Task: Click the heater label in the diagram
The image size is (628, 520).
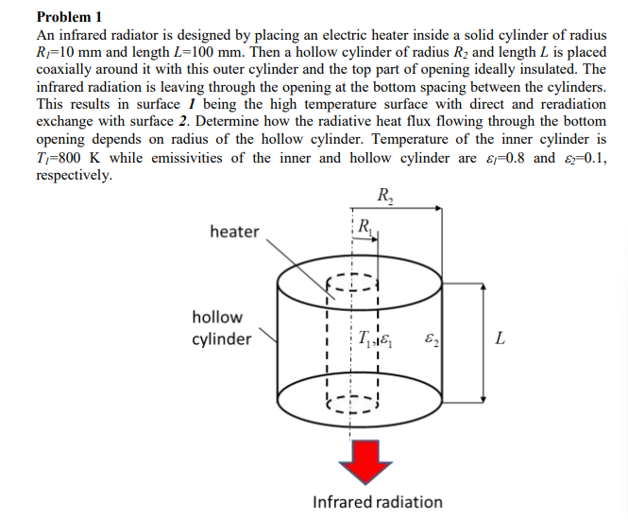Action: tap(234, 231)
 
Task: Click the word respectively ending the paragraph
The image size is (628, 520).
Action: tap(73, 175)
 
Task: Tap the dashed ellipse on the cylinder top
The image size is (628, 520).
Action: tap(353, 281)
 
